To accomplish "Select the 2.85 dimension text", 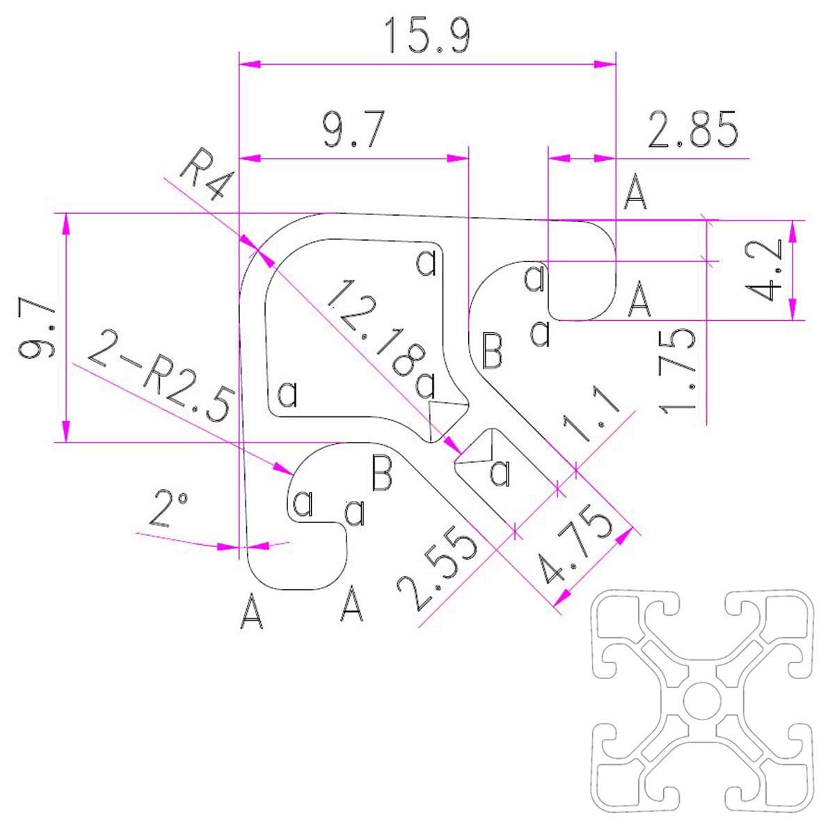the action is click(692, 129).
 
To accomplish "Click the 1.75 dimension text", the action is click(678, 371).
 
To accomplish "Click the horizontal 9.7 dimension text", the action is click(353, 129).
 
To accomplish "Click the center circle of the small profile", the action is click(702, 711).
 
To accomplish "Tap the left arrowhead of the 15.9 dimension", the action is click(250, 64).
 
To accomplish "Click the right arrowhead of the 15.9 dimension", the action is click(605, 64).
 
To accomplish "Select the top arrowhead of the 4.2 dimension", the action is click(793, 232).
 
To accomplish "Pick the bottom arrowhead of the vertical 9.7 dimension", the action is click(66, 431).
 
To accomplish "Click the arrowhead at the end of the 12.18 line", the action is click(452, 445).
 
